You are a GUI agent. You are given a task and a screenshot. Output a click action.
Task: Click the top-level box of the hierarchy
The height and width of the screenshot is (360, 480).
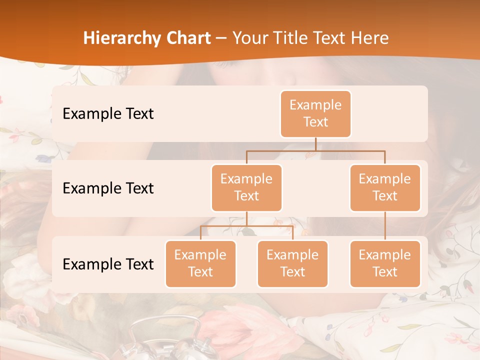(x=315, y=114)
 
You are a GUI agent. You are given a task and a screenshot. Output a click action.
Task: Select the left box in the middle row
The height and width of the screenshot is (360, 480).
(x=246, y=187)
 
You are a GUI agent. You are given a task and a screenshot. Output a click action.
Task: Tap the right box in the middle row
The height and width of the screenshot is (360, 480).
(x=385, y=187)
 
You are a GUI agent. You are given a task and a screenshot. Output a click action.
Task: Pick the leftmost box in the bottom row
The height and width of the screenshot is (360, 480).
(x=200, y=263)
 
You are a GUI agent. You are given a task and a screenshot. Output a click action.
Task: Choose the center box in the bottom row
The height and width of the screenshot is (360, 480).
(x=292, y=263)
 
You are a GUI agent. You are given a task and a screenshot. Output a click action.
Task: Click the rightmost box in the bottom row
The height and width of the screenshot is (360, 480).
(x=385, y=263)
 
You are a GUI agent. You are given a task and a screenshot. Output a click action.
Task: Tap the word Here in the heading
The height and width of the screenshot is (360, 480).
(x=370, y=38)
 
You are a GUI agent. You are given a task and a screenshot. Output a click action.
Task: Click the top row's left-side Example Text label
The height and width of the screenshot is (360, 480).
(x=108, y=114)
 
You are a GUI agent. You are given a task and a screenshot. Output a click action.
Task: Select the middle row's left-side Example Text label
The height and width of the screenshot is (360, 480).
(x=108, y=188)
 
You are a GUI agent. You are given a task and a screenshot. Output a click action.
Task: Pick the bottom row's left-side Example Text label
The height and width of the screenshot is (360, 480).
(x=108, y=264)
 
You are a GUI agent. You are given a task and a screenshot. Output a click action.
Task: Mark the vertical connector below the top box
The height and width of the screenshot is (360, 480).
(x=315, y=144)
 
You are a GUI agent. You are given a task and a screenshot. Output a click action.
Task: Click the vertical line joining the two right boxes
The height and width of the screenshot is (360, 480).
(x=385, y=226)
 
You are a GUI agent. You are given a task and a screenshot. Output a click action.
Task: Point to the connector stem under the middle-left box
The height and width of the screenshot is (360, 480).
(x=246, y=219)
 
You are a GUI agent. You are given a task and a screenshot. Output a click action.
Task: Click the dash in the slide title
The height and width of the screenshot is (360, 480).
(x=221, y=38)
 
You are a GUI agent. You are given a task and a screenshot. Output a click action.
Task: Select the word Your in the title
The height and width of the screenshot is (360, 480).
(x=250, y=38)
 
